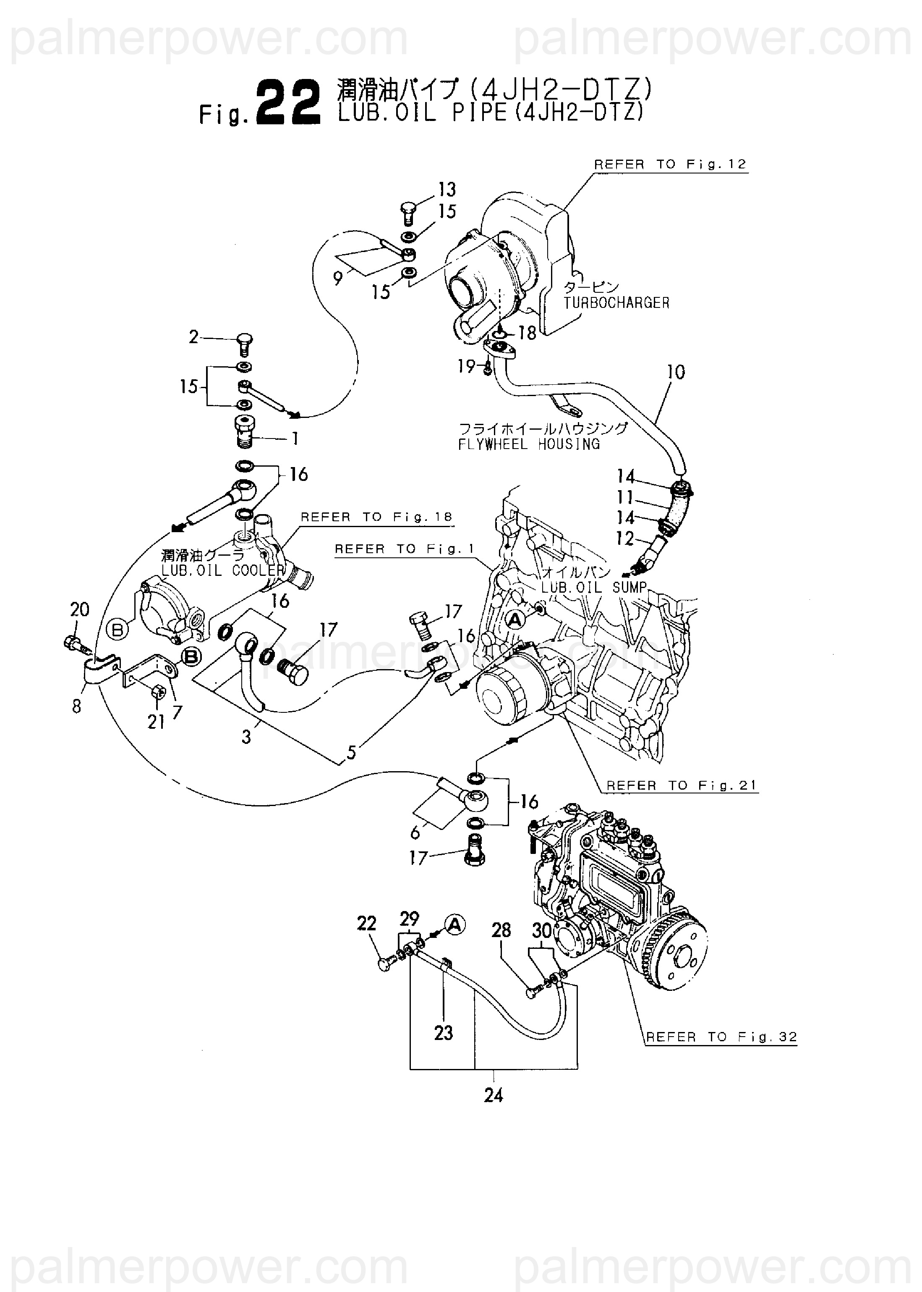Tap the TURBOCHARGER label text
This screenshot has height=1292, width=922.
[616, 303]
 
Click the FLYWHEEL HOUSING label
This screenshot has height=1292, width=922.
[528, 444]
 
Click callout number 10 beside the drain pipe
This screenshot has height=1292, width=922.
[676, 372]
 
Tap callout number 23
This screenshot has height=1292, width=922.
[444, 1032]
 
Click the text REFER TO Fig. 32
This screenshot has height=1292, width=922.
[721, 1037]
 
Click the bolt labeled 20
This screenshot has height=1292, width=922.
[74, 645]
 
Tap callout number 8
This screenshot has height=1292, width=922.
[77, 706]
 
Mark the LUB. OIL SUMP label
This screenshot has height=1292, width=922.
[593, 587]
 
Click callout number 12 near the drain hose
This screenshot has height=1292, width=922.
[624, 538]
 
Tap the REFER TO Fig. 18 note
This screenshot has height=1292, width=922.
[376, 517]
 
